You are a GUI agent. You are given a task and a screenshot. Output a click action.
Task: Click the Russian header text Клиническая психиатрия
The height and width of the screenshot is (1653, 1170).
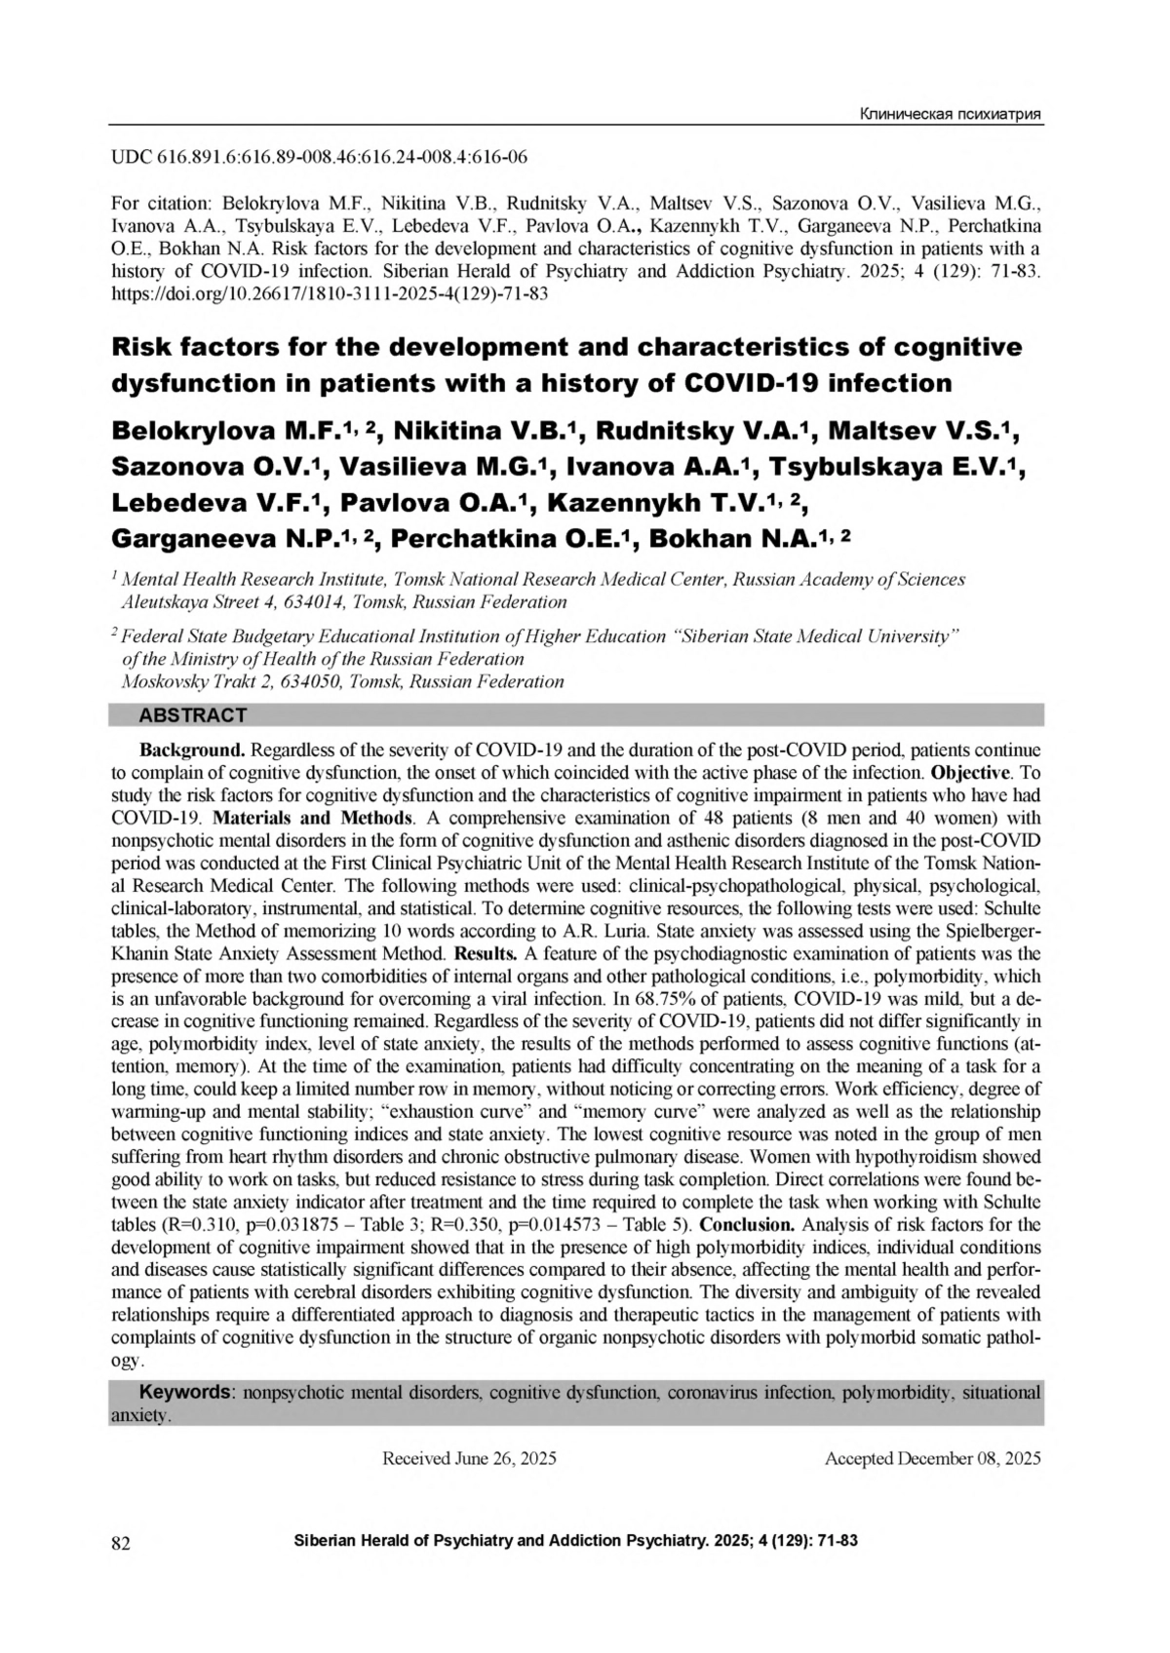(950, 115)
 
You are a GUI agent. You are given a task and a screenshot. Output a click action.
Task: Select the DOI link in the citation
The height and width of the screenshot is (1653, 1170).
(330, 294)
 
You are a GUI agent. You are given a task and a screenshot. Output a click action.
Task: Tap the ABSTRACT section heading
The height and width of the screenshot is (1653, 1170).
(193, 716)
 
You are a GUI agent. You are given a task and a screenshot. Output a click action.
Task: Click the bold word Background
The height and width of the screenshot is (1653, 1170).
(192, 750)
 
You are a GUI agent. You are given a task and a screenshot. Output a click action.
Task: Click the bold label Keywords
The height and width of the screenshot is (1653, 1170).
(186, 1392)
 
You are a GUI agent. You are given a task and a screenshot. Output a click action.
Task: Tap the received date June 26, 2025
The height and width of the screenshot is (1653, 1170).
(505, 1459)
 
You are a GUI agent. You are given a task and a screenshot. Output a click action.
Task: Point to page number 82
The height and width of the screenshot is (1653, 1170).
(122, 1543)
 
